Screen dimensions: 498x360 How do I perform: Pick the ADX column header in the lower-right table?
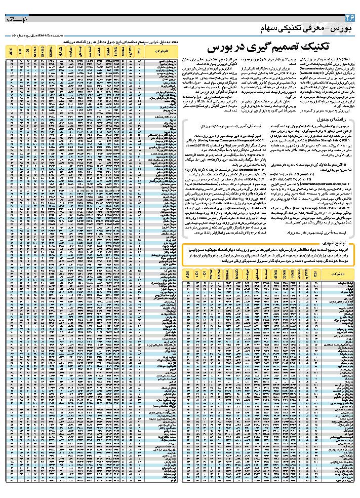(x=187, y=274)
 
